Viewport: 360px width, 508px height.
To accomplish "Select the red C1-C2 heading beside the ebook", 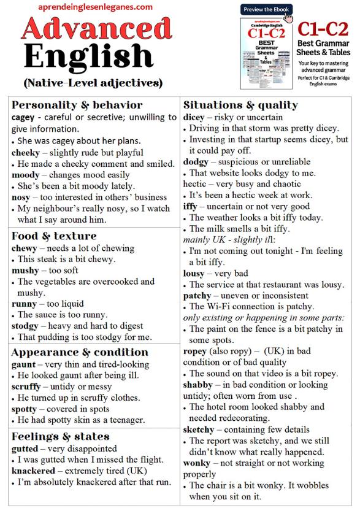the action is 324,29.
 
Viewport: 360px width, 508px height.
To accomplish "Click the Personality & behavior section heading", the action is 77,104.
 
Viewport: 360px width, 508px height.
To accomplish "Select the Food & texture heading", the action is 54,236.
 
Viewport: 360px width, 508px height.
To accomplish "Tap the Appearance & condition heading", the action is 80,352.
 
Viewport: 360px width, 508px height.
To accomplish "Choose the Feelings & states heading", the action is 60,436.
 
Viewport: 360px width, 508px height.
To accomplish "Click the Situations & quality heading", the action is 240,104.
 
